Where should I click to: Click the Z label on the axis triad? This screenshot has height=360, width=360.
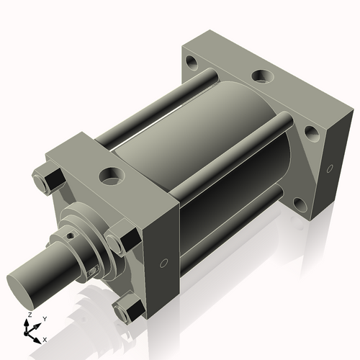[x=28, y=315]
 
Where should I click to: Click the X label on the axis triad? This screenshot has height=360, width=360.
[x=45, y=338]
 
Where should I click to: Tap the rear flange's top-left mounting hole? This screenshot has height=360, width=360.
[x=190, y=61]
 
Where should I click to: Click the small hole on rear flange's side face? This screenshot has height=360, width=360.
[x=330, y=170]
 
